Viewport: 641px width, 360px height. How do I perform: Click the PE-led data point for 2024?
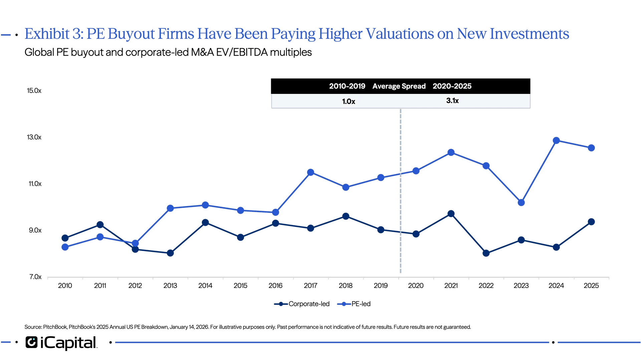coord(556,140)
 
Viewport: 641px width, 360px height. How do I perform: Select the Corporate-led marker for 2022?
coord(486,253)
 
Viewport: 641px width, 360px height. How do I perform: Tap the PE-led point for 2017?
coord(310,172)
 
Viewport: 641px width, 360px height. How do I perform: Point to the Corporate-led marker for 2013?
coord(170,253)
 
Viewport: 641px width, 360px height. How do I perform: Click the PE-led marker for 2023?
coord(521,203)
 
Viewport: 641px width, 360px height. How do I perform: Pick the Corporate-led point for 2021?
coord(451,214)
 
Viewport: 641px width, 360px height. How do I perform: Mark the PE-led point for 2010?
coord(65,247)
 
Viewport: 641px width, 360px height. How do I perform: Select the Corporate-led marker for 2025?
coord(591,222)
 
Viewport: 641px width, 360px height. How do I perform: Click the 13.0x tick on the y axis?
coord(34,137)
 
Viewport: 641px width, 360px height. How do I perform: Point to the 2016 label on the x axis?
coord(275,286)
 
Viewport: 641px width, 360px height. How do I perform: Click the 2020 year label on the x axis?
coord(416,286)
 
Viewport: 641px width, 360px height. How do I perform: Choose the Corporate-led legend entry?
coord(302,304)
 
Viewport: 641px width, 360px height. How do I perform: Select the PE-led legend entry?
coord(354,304)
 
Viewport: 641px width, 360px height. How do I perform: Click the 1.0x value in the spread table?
coord(349,102)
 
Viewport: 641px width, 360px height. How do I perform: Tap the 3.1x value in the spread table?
coord(452,101)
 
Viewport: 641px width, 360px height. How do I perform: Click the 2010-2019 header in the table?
coord(347,86)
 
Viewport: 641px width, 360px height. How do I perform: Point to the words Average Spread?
coord(399,86)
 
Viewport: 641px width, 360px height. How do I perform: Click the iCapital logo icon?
coord(32,342)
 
